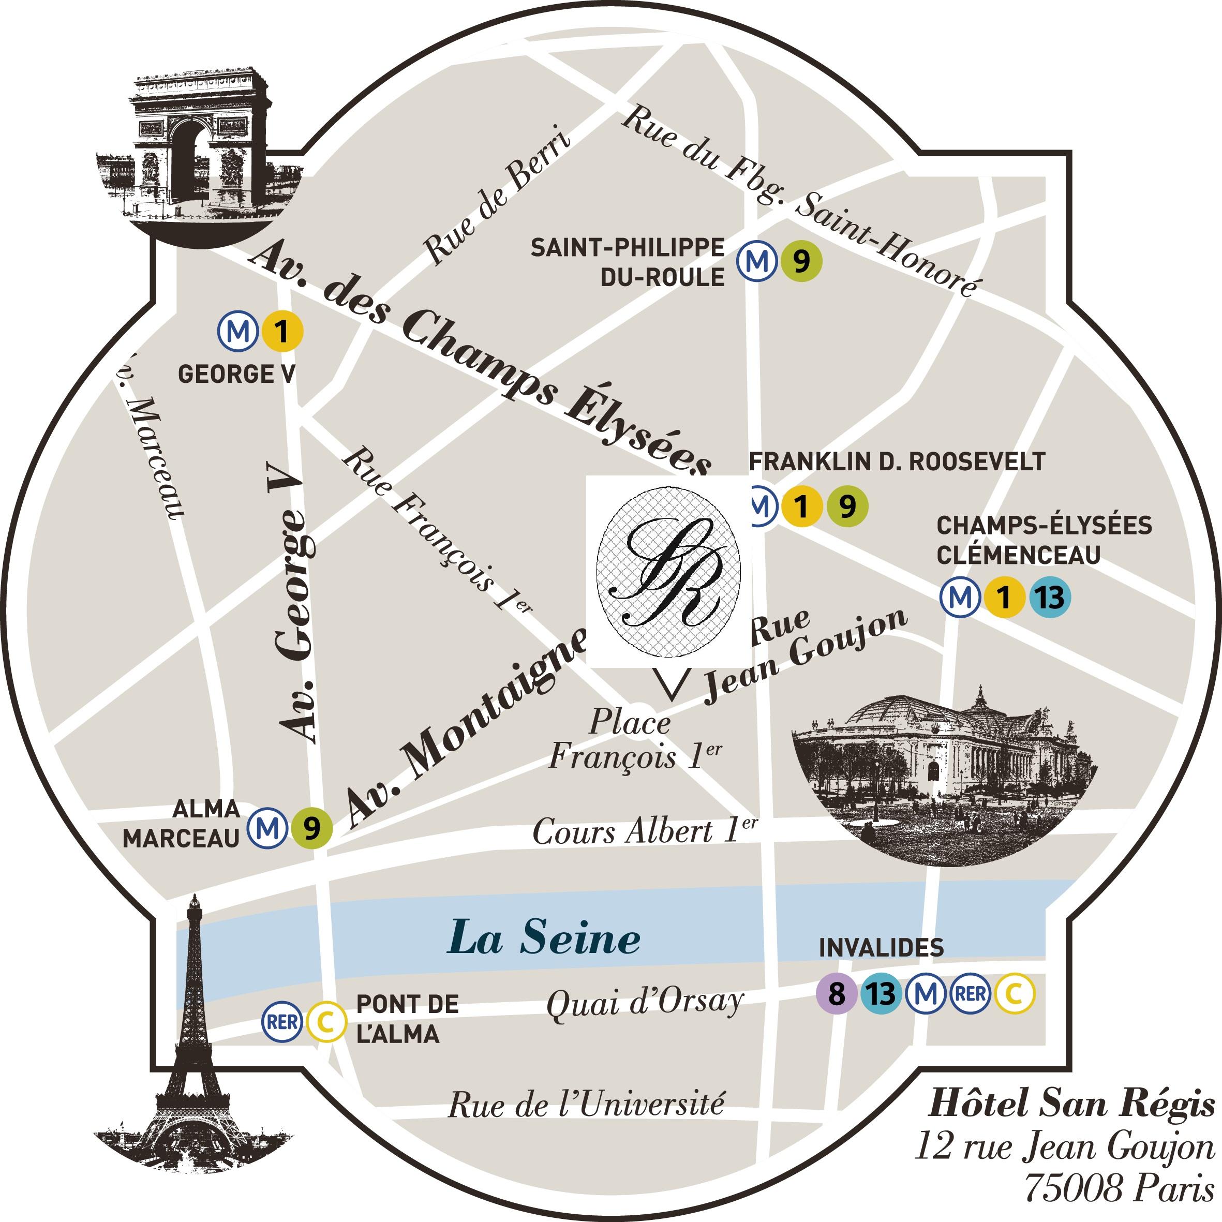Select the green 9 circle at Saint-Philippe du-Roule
[x=801, y=261]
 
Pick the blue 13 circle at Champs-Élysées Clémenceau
[x=1049, y=597]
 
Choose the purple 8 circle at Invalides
[x=836, y=994]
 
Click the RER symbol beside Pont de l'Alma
[x=282, y=1021]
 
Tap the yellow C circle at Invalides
[x=1015, y=994]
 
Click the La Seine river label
[x=544, y=938]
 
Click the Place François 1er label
[x=633, y=740]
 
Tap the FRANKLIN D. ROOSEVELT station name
[x=897, y=461]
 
